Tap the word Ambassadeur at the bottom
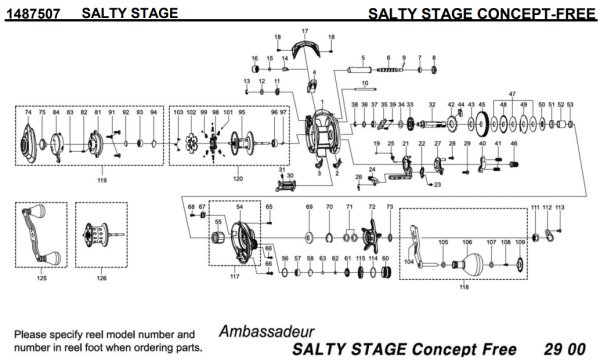(265, 331)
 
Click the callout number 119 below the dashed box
(101, 180)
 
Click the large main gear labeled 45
(483, 126)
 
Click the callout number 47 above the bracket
(511, 93)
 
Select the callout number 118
(463, 287)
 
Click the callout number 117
(235, 276)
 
